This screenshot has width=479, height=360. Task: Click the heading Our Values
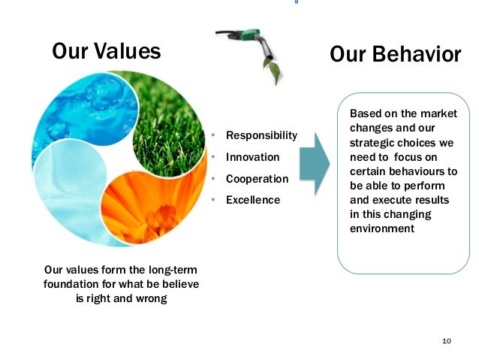pos(106,51)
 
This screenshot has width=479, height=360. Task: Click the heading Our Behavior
pos(395,54)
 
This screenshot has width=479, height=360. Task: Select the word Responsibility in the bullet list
pos(261,136)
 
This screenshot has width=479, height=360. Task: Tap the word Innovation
pos(252,157)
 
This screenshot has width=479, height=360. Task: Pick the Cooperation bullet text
pos(257,179)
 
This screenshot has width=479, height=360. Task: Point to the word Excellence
pos(253,200)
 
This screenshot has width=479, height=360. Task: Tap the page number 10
pos(447,341)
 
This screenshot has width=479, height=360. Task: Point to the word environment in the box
pos(382,228)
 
